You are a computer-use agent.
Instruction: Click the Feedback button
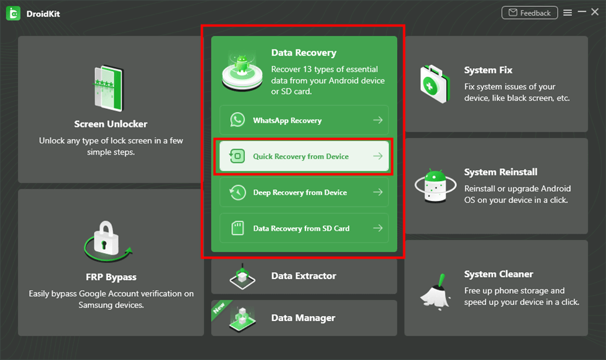coord(529,13)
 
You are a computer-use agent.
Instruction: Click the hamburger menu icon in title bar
coord(567,13)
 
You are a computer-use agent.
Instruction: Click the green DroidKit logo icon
coord(13,13)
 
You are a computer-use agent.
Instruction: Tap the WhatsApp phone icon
coord(237,120)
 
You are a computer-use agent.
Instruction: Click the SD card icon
coord(237,228)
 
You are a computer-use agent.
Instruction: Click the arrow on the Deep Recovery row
coord(377,192)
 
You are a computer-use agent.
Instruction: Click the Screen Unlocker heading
coord(111,124)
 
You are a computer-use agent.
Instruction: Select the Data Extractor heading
coord(304,276)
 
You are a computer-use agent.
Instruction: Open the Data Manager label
coord(303,318)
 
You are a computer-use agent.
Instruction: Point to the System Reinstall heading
coord(500,172)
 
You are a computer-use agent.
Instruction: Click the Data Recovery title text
coord(304,53)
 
